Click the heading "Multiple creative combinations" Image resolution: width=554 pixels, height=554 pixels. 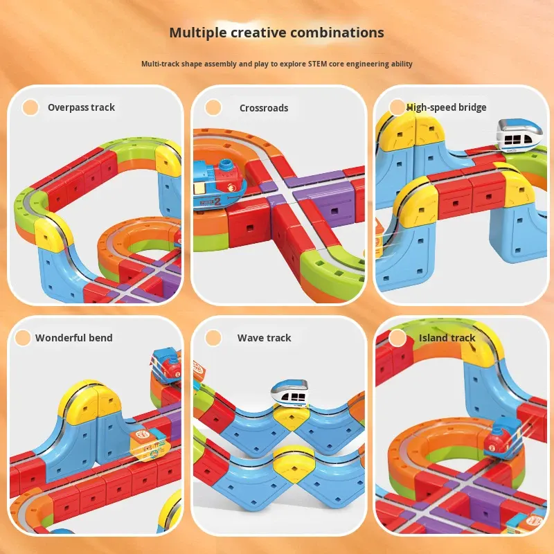pos(277,33)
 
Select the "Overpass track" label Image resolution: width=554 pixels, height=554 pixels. pos(81,107)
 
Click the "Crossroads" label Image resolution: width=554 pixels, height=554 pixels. pos(264,108)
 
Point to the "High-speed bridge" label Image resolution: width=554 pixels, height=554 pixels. pos(447,107)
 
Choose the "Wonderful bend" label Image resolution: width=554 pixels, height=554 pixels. pos(74,338)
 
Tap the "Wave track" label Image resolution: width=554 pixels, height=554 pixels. pos(265,338)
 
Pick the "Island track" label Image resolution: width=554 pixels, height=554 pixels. pos(447,338)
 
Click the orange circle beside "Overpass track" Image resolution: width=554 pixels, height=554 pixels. pos(30,107)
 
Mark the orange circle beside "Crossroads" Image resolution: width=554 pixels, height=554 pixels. pos(213,107)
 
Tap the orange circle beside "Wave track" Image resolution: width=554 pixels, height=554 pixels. pos(213,338)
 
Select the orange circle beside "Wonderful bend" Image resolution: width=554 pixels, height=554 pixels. pos(24,338)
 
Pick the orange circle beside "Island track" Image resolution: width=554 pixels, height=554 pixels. pos(397,338)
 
